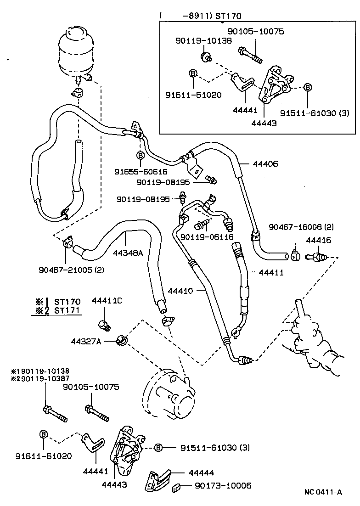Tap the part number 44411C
(x=107, y=301)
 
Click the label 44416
(x=318, y=240)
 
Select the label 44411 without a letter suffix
(x=271, y=272)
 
